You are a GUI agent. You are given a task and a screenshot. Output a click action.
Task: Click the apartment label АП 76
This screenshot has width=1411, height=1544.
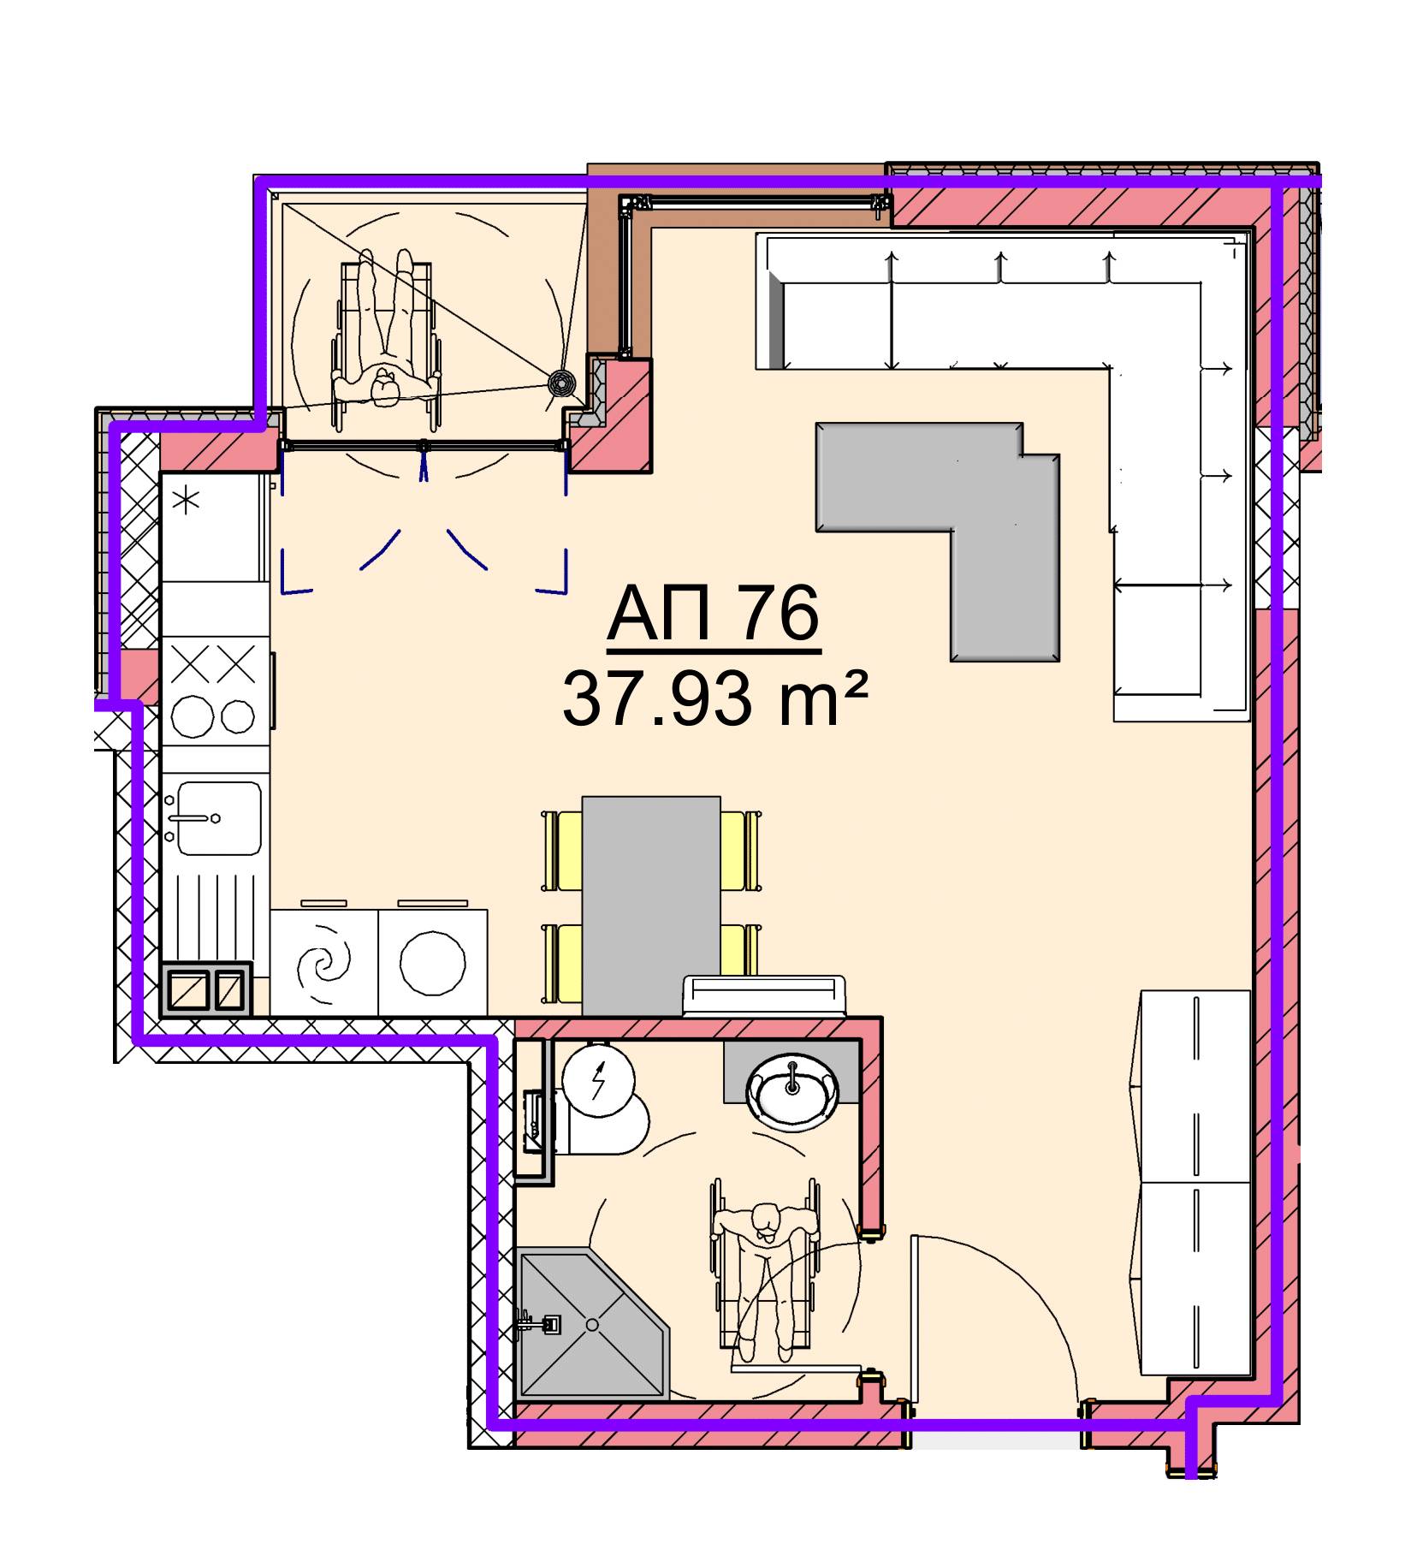[714, 614]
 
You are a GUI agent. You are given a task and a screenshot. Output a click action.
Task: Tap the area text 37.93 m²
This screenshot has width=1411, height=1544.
[715, 698]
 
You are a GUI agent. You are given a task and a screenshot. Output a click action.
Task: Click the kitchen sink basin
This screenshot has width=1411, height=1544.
[218, 818]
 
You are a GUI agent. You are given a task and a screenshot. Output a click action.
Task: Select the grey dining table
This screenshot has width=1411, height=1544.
[651, 906]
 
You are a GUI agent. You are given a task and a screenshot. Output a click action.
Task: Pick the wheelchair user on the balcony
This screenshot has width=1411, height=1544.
[387, 338]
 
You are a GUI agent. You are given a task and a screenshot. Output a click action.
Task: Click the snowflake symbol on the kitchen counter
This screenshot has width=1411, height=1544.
[186, 500]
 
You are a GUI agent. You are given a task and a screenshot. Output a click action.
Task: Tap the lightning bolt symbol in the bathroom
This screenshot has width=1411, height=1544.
[598, 1080]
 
